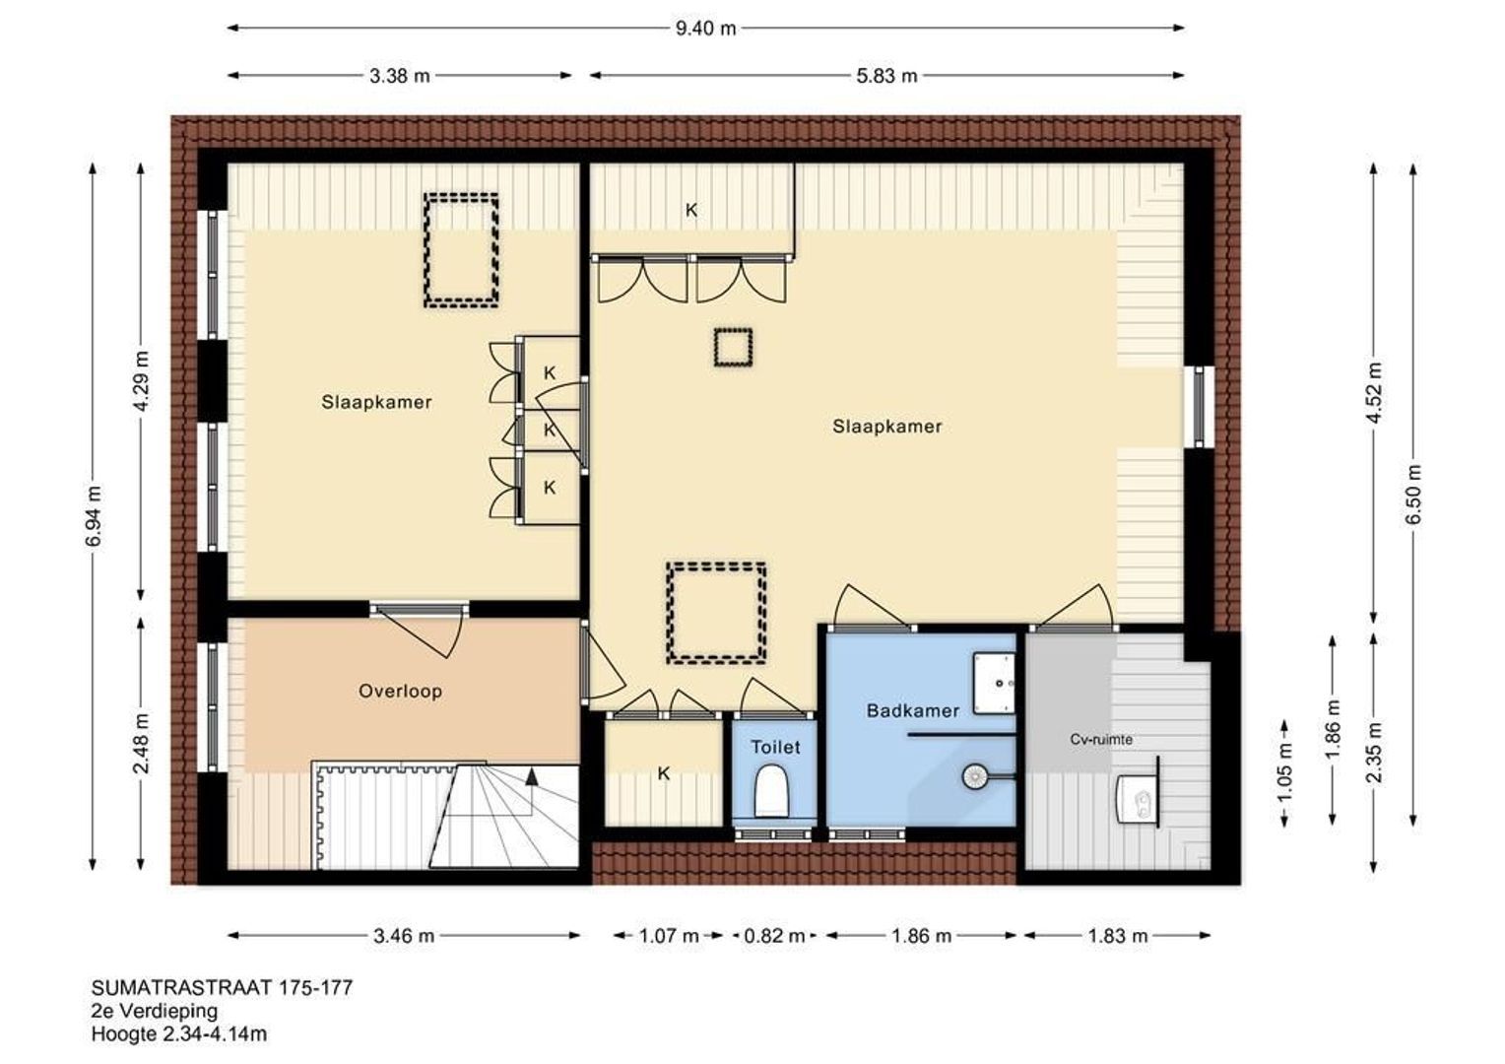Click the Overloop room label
400,691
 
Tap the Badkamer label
912,710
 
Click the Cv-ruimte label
1101,739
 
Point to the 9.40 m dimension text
705,28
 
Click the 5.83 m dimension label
886,75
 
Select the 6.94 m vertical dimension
93,516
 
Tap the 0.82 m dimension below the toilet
774,935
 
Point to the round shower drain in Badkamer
974,775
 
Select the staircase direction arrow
532,775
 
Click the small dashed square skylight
733,348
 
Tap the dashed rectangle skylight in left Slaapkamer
461,249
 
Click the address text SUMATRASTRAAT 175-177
222,987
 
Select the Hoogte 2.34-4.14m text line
179,1033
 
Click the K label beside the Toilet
663,773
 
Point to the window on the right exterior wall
1199,406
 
